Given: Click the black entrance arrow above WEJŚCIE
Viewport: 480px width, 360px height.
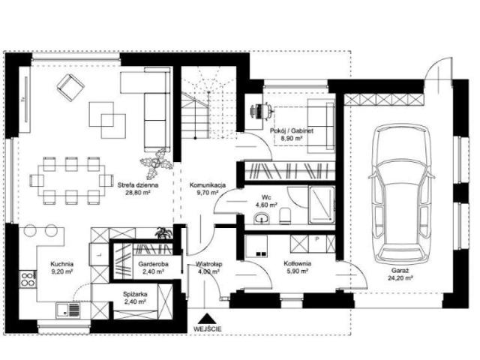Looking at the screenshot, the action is (208, 319).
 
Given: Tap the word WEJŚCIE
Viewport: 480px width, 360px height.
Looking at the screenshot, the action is (208, 329).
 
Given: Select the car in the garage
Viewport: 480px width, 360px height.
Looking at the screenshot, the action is (402, 193).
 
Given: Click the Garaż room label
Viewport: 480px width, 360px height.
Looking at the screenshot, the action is (400, 271).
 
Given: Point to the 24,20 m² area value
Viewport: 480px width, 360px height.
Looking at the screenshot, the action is (400, 278).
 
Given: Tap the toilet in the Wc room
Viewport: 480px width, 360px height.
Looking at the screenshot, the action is (285, 215).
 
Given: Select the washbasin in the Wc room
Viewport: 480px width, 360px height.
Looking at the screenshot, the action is (262, 217).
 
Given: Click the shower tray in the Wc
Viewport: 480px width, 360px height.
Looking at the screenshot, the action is (322, 204).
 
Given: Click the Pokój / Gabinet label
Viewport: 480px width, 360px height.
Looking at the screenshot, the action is (292, 130).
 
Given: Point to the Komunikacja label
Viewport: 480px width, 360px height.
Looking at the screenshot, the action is (208, 185).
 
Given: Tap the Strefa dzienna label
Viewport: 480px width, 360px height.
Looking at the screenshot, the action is (138, 185).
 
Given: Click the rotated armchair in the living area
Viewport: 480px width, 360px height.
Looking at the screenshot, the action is (70, 87).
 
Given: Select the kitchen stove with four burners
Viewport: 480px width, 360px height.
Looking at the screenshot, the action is (28, 279).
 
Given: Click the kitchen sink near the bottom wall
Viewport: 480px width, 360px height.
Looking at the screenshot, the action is (67, 310).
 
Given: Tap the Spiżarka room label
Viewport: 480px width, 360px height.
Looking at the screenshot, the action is (135, 294).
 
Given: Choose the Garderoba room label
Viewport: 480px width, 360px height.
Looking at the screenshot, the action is (153, 264).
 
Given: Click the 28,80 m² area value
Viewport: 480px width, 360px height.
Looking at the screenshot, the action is (138, 193).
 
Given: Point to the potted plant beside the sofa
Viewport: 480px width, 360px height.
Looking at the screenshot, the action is (155, 163).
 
